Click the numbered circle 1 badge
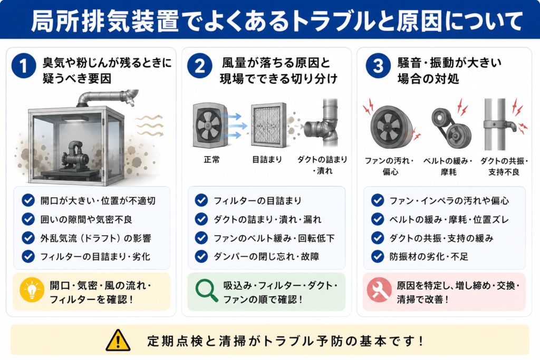[24, 66]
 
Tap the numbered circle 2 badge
[200, 66]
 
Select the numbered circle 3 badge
[378, 66]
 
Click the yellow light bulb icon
[32, 290]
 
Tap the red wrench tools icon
[379, 290]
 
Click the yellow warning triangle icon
[118, 340]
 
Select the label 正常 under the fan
[211, 159]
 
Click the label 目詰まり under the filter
[267, 159]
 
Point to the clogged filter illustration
[268, 125]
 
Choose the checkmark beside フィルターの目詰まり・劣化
[28, 256]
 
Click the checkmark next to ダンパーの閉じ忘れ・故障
[201, 256]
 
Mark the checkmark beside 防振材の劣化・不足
[378, 256]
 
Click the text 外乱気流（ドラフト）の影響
[96, 238]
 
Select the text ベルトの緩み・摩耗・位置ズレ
[449, 220]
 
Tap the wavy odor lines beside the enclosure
[149, 125]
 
